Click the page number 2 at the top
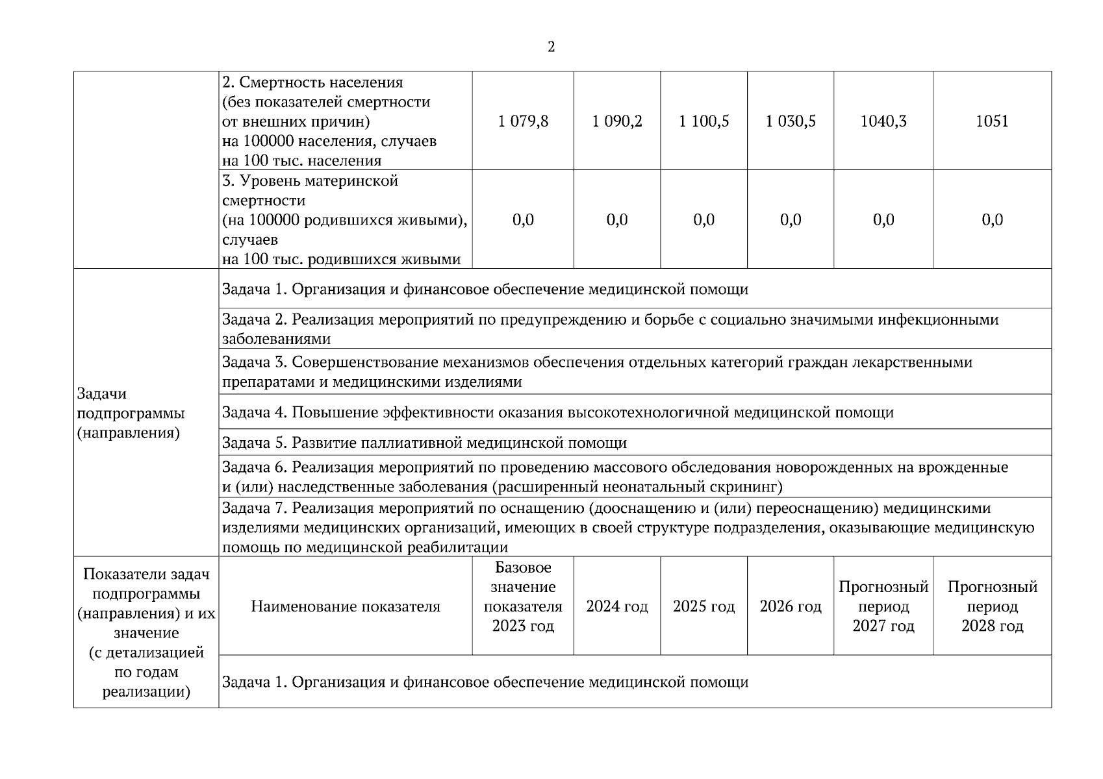coord(551,47)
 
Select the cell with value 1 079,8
coord(523,121)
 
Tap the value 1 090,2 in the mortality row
coord(617,121)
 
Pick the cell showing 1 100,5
coord(704,121)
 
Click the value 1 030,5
coord(791,121)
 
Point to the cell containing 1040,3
coord(883,121)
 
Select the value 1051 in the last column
coord(992,121)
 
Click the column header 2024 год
coord(617,606)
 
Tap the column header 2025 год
coord(704,606)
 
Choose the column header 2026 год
coord(791,606)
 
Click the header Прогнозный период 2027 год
coord(883,606)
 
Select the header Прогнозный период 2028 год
coord(992,606)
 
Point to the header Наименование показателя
coord(345,606)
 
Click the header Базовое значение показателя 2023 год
coord(523,597)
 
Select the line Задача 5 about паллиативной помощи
coord(424,443)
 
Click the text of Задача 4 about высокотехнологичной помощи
coord(557,412)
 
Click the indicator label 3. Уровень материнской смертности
coord(310,190)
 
